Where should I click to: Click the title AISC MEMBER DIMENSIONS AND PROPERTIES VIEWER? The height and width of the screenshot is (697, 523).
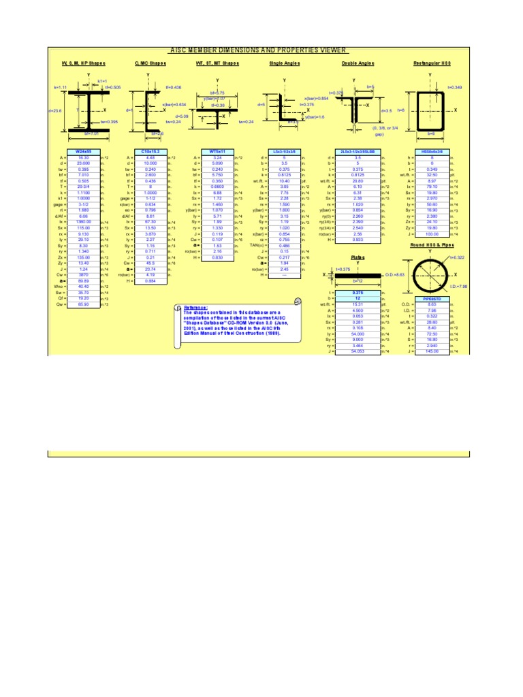click(258, 50)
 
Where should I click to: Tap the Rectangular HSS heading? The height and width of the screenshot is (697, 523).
click(432, 63)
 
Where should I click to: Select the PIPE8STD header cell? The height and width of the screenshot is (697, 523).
click(431, 297)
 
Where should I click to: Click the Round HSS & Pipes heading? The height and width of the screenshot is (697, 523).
click(432, 244)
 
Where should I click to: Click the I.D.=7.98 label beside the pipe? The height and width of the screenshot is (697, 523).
click(459, 287)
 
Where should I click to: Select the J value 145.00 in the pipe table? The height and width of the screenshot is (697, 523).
click(431, 351)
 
